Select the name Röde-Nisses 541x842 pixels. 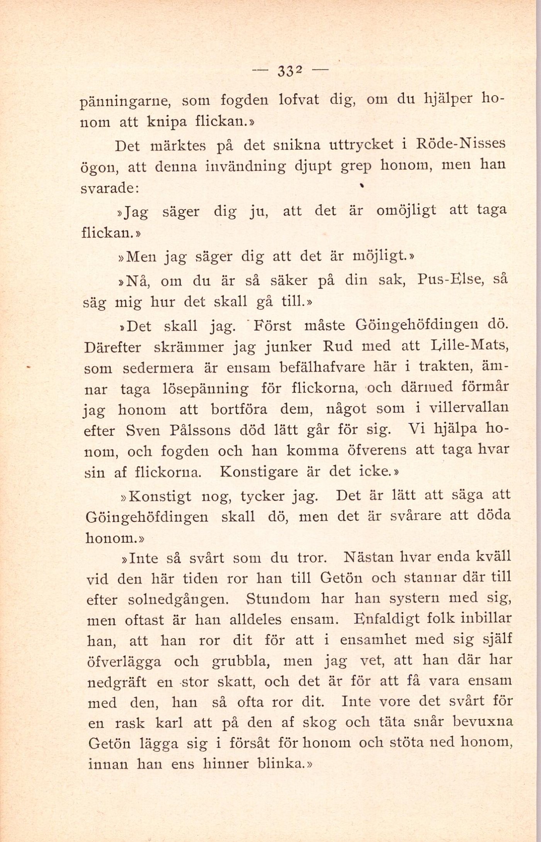point(460,144)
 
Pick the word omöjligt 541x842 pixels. point(405,211)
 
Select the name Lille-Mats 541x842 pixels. point(469,345)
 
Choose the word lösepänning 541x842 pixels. point(206,389)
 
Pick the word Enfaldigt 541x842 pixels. point(386,619)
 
